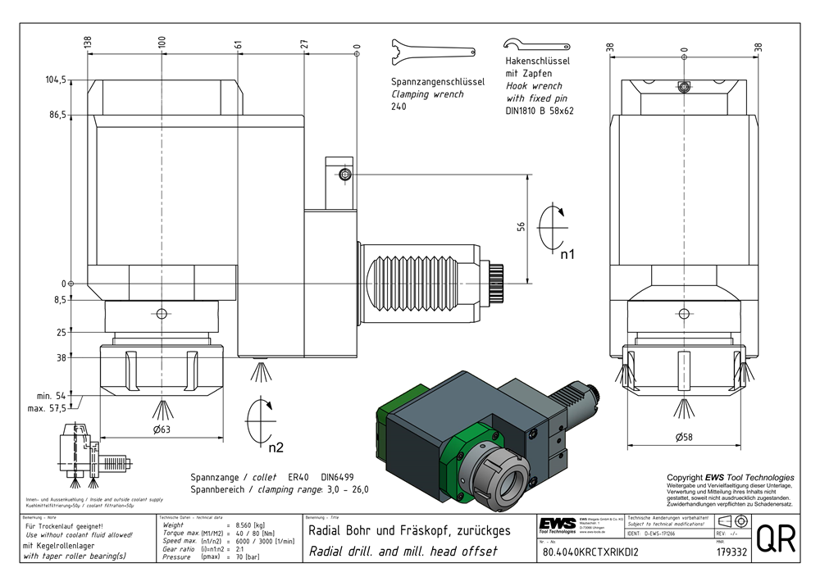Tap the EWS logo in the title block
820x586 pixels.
click(558, 524)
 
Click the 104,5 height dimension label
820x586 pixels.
click(56, 80)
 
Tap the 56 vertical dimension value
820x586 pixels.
click(520, 227)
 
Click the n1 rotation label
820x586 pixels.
click(567, 255)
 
